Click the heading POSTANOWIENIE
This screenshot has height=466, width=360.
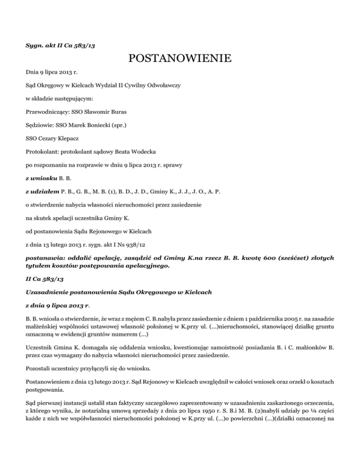(x=180, y=59)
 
